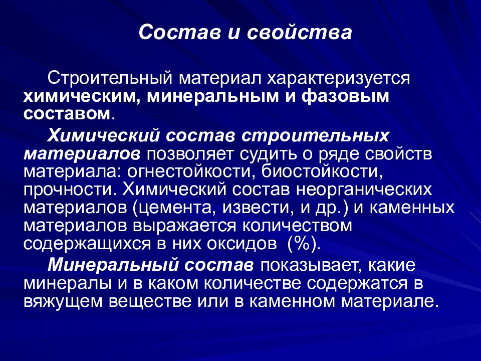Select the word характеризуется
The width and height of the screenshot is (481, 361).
coord(338,79)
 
